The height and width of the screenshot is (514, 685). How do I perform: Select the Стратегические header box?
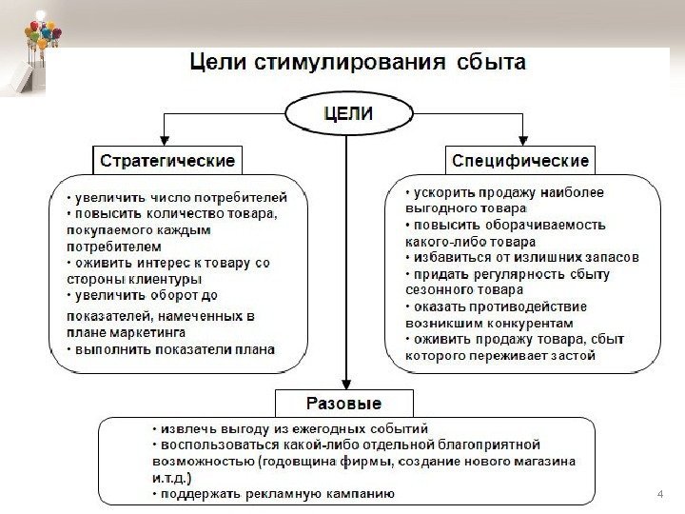point(166,157)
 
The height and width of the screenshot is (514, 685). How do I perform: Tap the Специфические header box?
point(519,157)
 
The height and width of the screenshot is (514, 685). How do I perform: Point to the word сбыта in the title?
point(490,64)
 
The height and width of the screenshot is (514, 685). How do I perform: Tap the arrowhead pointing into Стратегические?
point(166,139)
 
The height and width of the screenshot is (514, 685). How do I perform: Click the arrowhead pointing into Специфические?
point(520,139)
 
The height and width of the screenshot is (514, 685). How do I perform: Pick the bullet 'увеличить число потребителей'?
point(182,197)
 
